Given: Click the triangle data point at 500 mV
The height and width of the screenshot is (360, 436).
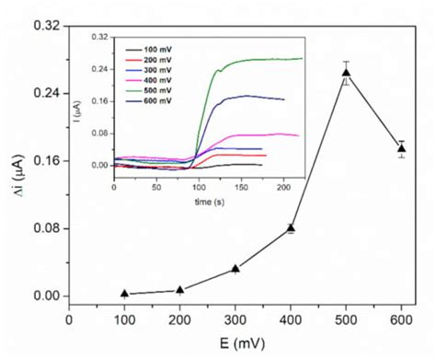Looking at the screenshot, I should [x=346, y=73].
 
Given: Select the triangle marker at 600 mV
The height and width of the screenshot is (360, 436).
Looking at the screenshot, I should [x=401, y=148].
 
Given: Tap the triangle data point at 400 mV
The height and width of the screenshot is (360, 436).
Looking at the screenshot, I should [x=291, y=227].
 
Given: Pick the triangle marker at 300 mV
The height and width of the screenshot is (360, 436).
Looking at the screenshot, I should [x=235, y=268].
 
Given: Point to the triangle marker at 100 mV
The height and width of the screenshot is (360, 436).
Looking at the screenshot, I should [x=124, y=293].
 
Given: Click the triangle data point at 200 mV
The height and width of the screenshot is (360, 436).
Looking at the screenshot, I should [x=180, y=289].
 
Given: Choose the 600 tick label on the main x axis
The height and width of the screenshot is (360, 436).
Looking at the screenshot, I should [x=401, y=321].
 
